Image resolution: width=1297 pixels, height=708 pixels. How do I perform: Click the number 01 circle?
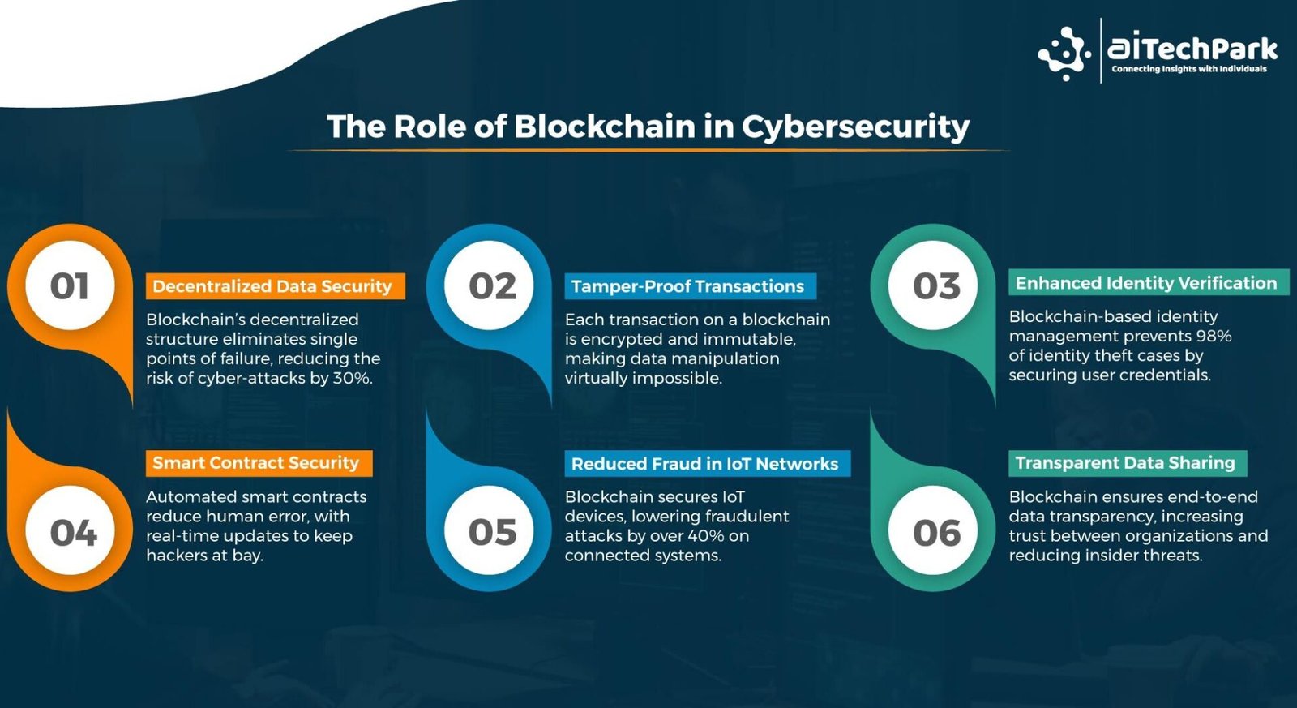click(x=70, y=285)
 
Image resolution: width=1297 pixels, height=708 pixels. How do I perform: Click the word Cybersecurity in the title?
click(x=855, y=127)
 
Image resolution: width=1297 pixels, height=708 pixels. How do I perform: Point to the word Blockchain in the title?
click(x=605, y=126)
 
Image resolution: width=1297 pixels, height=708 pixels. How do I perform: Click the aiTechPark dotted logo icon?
click(x=1064, y=54)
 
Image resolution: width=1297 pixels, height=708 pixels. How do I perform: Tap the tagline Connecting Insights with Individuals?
click(x=1189, y=69)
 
